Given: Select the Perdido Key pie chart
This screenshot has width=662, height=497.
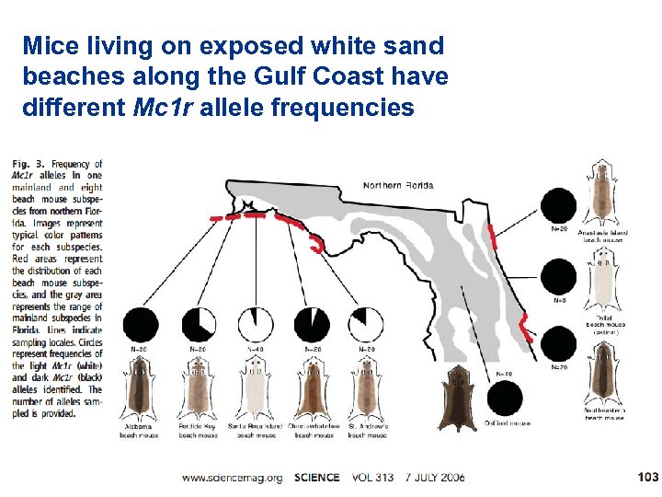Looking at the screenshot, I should tap(200, 324).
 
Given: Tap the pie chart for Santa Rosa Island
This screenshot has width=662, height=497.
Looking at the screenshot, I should tap(257, 324).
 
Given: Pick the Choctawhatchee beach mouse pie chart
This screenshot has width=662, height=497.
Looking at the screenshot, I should tap(314, 324).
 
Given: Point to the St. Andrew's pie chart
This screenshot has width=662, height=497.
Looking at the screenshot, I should tap(364, 324).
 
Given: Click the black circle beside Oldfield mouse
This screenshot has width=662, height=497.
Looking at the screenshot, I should tap(504, 399).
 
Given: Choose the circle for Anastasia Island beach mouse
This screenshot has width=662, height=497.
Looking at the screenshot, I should tap(558, 205).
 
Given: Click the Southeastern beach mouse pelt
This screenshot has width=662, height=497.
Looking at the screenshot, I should tap(602, 376).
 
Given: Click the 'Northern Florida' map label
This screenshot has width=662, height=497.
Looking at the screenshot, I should tap(398, 185).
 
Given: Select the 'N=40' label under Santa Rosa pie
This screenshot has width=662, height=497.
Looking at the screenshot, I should tap(257, 350).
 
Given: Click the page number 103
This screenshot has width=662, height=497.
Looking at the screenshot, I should tap(647, 477).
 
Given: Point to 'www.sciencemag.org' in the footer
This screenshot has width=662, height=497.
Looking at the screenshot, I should tap(231, 478).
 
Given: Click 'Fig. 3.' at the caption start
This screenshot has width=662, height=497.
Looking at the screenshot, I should tap(27, 166).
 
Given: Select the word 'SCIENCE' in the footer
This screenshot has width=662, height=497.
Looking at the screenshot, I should tap(317, 478).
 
